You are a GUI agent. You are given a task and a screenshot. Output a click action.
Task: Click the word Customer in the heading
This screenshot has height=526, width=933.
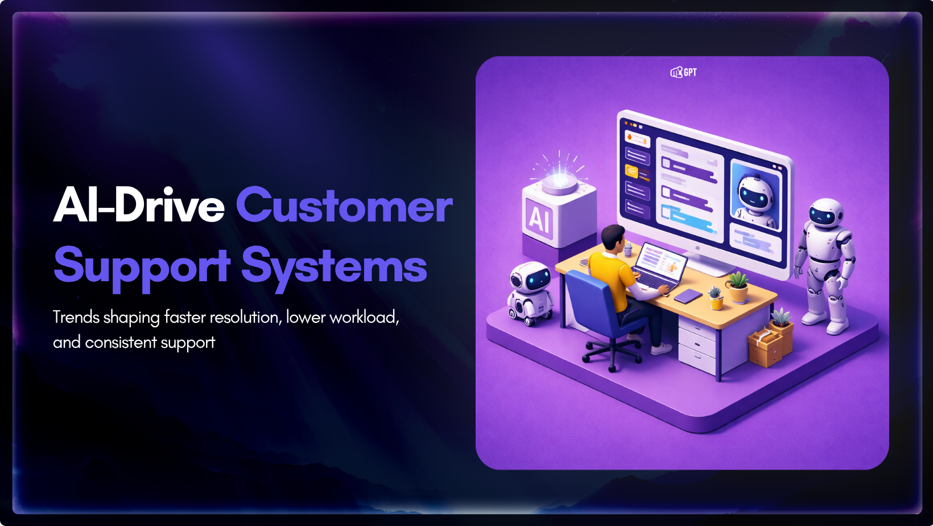pos(344,205)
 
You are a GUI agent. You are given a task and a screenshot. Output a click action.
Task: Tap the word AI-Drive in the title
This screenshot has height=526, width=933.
pos(139,204)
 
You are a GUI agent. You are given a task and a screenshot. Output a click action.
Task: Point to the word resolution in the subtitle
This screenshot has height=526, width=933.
pos(244,318)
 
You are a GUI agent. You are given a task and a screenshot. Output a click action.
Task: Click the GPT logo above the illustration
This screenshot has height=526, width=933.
pos(683,72)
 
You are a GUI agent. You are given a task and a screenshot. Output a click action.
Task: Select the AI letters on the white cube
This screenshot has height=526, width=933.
pos(540,218)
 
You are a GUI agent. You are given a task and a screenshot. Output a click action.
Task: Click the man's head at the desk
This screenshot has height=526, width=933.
pos(613,238)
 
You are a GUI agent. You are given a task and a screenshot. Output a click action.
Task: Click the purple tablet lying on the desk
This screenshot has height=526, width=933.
pos(688,297)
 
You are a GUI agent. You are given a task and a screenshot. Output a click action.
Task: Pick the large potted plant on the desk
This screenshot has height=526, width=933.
pos(738,287)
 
